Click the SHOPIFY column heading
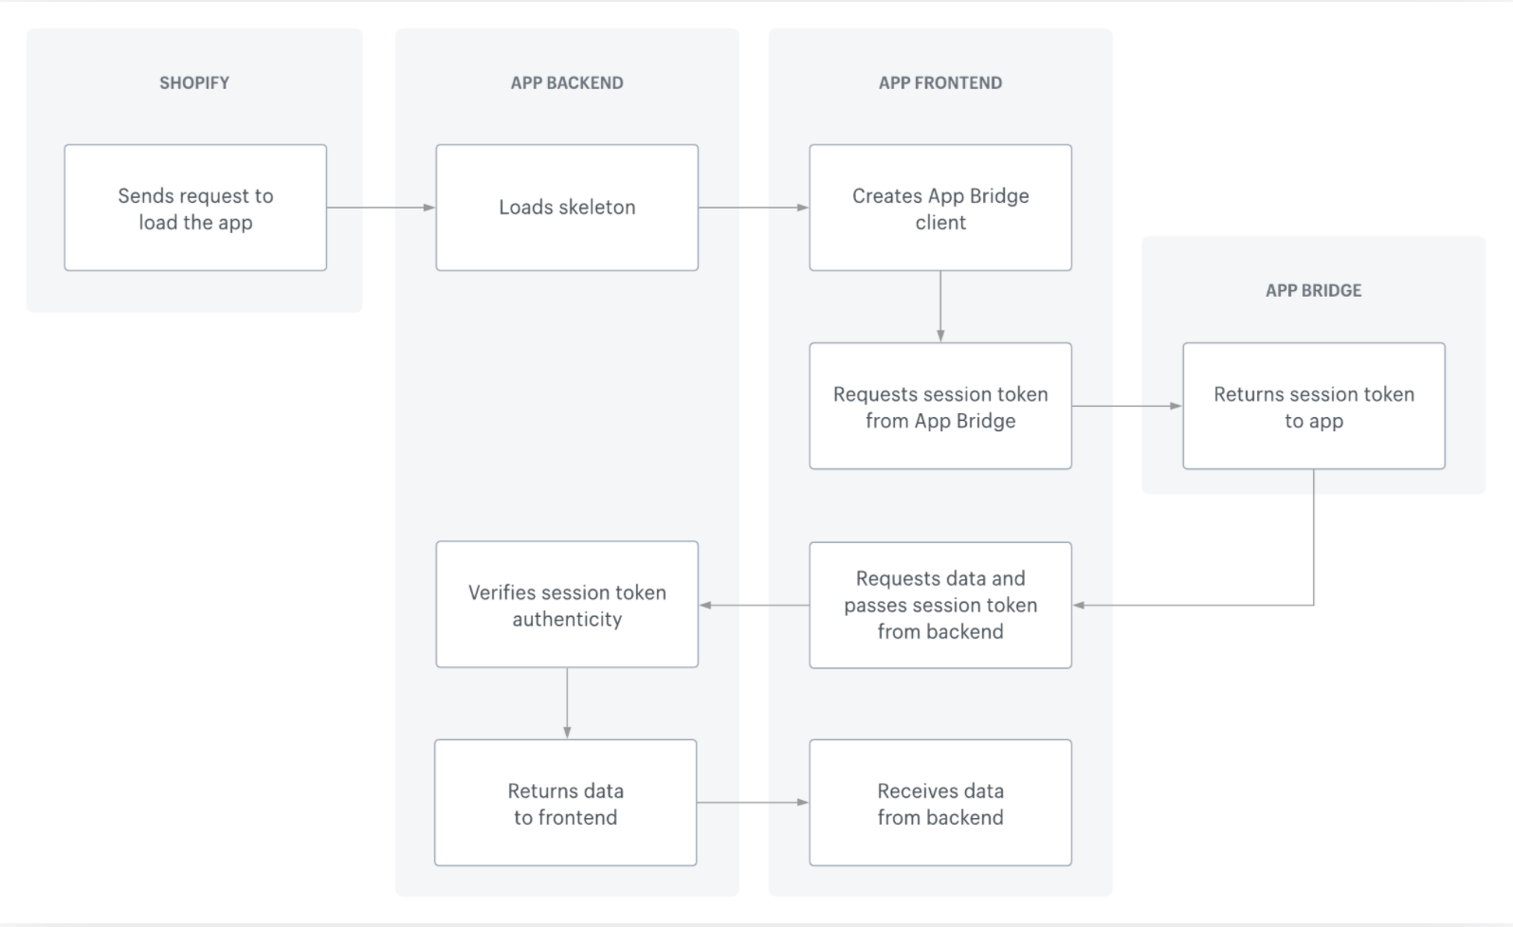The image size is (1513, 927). point(194,82)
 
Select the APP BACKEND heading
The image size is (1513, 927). point(567,82)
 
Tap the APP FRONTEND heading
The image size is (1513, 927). point(939,82)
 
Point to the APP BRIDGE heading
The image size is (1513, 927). point(1313,290)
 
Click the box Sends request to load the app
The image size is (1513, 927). point(195,208)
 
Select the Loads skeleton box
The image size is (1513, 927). point(567,208)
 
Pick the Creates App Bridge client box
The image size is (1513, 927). point(939,208)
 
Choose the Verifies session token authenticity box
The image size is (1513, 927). point(567,605)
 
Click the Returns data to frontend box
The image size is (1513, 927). point(565,803)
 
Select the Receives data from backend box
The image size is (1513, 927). point(939,803)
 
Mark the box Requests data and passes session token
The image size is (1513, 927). point(939,605)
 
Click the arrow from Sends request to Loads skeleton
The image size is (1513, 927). point(380,208)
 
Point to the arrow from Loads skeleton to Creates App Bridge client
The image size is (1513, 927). point(754,208)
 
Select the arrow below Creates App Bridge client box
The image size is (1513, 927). point(940,306)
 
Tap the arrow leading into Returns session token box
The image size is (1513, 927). point(1126,406)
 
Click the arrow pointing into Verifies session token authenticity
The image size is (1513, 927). point(754,605)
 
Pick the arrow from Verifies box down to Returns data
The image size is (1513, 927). point(567,702)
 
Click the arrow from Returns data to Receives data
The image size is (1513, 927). point(753,803)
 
